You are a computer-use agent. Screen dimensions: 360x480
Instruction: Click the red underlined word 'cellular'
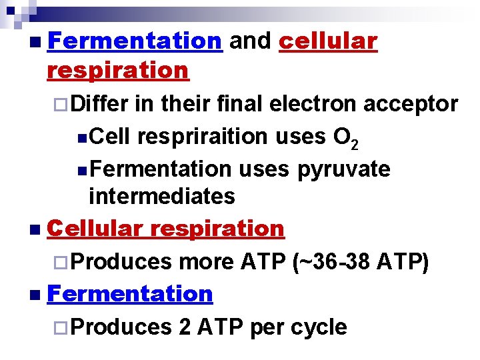pos(328,41)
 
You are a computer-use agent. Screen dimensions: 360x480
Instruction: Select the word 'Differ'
pos(99,104)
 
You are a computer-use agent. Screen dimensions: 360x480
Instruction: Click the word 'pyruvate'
pos(343,169)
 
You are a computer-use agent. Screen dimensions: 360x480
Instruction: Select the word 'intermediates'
pos(162,196)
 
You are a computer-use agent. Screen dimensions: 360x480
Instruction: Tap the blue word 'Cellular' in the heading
pos(95,229)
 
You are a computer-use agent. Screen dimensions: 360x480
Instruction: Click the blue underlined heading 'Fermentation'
pos(130,293)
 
